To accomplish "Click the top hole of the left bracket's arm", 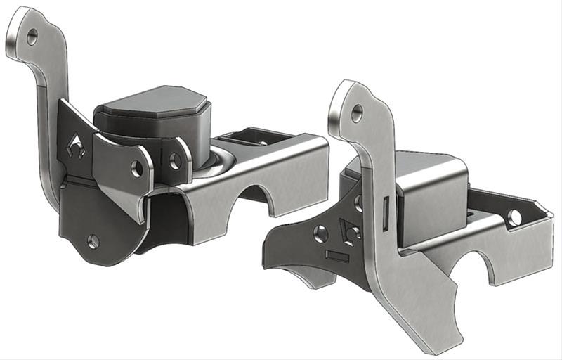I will click(32, 37).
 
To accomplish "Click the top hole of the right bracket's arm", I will click(357, 111).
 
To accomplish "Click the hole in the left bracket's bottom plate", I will click(93, 241).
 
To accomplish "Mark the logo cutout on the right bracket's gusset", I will click(348, 229).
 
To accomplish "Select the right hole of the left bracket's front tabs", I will click(176, 161).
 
